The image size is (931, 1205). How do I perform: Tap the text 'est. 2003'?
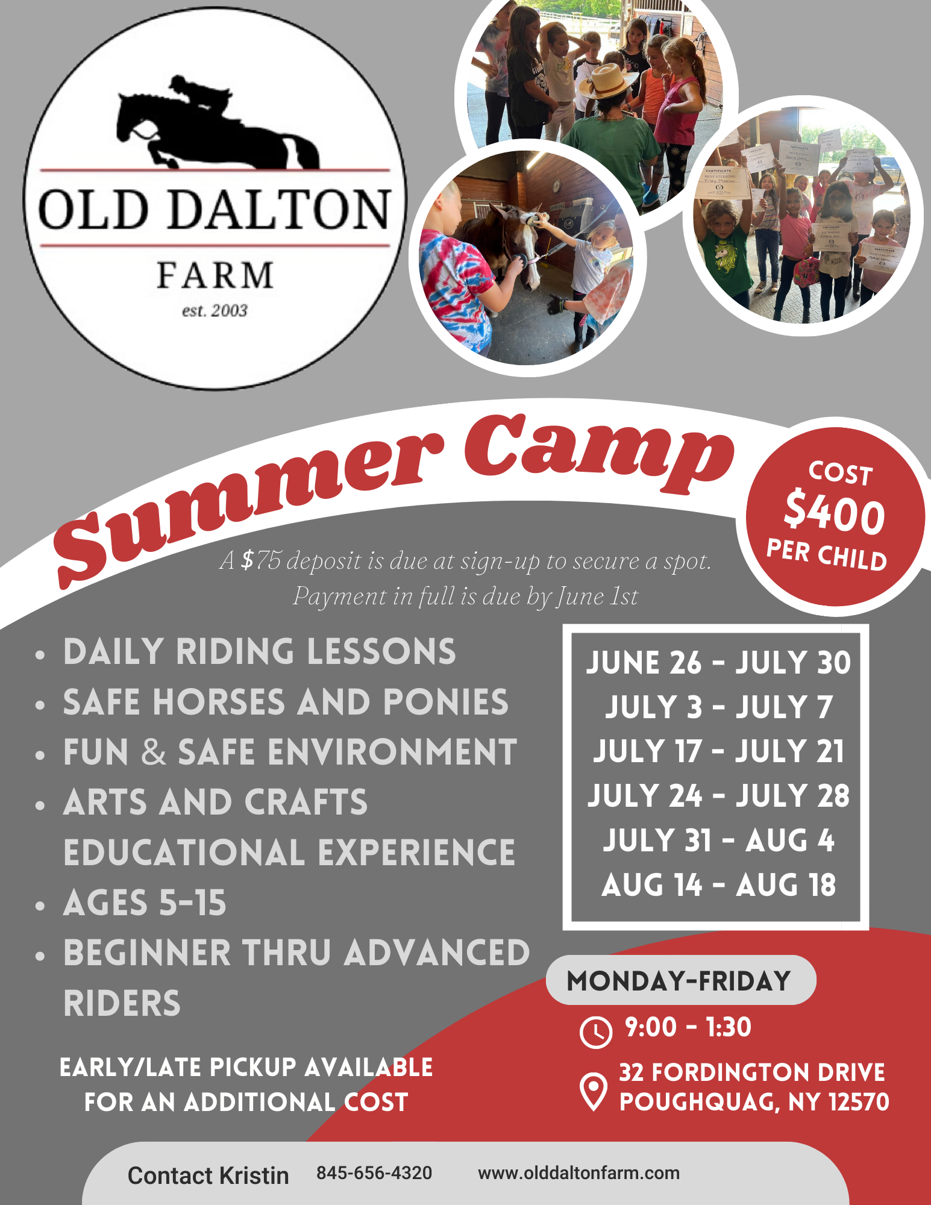[215, 311]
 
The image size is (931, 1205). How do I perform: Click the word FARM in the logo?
[215, 275]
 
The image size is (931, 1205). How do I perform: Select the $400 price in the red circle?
[835, 514]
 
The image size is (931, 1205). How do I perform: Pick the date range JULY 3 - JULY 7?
[718, 707]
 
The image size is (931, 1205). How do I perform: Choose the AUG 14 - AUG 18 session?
[718, 885]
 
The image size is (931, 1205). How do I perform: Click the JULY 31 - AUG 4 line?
[718, 840]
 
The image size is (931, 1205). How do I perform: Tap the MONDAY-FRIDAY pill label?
[679, 981]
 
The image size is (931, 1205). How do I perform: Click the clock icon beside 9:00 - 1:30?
[595, 1031]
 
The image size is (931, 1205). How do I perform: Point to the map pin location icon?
[593, 1091]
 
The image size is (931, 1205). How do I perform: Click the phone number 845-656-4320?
[374, 1173]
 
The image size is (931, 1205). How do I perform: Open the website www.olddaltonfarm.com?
[578, 1173]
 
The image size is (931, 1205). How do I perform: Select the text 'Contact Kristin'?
[208, 1175]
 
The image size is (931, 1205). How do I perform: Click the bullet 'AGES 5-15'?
[145, 903]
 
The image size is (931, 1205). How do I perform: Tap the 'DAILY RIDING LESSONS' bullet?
[259, 652]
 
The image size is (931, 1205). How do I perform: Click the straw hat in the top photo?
[605, 80]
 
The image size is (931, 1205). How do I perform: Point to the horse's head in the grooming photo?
[522, 247]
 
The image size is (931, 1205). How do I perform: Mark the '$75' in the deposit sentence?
[260, 560]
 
